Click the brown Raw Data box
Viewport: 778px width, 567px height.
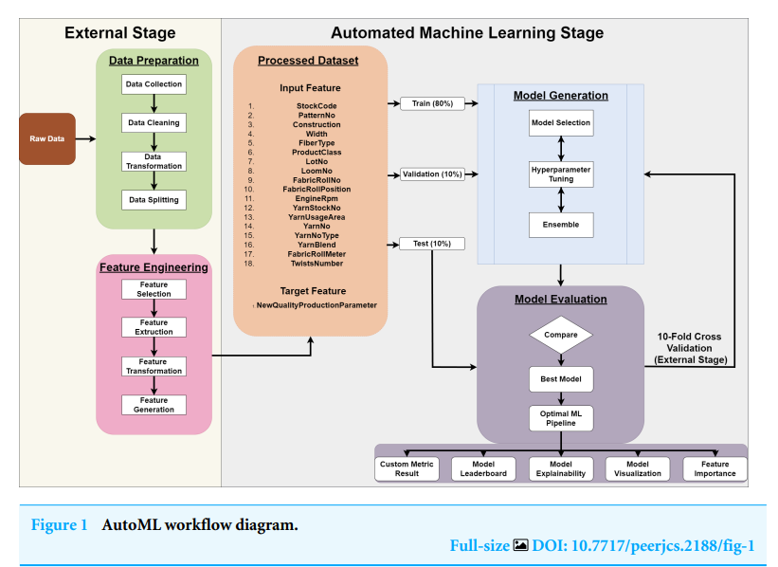(x=46, y=138)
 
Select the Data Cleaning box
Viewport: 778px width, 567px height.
(x=154, y=122)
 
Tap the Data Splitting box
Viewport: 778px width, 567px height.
(x=154, y=200)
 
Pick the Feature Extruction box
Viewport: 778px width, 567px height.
(x=154, y=327)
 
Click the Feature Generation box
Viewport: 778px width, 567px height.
(x=154, y=405)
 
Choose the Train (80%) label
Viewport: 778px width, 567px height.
(x=432, y=102)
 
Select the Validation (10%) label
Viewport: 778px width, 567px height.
(x=432, y=174)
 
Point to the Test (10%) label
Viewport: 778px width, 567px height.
(x=432, y=244)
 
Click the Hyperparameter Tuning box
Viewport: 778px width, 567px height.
(x=561, y=174)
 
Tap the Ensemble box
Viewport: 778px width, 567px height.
(x=561, y=225)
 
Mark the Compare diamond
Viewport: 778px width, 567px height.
(x=561, y=335)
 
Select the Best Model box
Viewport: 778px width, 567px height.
(x=561, y=380)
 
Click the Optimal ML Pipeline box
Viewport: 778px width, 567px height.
(x=561, y=418)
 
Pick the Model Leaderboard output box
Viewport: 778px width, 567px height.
(x=484, y=468)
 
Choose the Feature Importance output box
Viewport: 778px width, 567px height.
(x=715, y=468)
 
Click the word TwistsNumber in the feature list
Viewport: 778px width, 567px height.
(x=316, y=263)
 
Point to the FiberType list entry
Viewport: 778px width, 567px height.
(x=316, y=142)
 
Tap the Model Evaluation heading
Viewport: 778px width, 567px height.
(x=560, y=300)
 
